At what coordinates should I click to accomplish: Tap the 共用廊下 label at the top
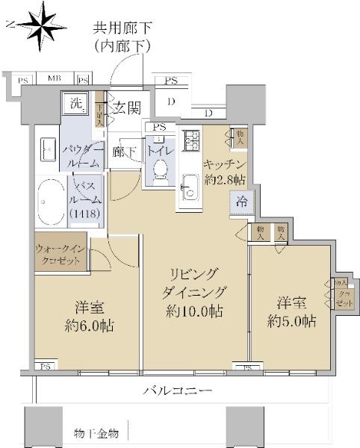pos(122,28)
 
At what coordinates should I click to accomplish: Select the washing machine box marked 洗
pos(75,103)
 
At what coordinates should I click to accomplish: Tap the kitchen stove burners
pos(190,140)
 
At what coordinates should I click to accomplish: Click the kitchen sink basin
pos(190,184)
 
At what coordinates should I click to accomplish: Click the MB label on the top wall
pos(55,78)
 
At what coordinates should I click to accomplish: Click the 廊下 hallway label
pos(124,151)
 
